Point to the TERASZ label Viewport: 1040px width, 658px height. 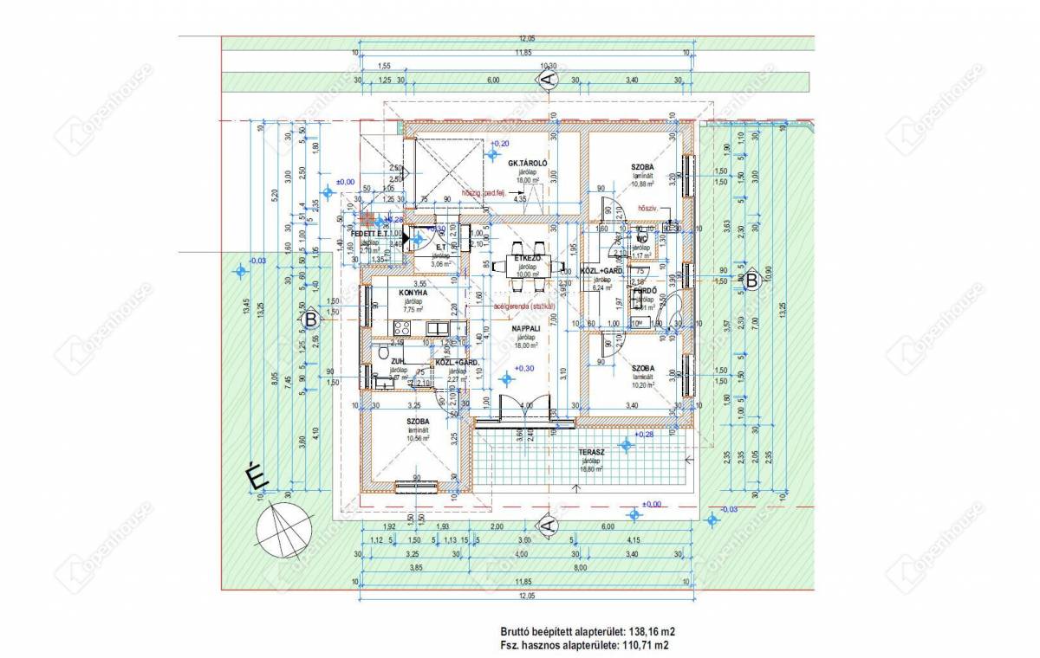(x=591, y=453)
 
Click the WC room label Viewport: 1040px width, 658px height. (x=642, y=238)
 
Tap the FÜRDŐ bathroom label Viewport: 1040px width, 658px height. (x=643, y=291)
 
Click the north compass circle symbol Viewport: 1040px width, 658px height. (x=284, y=528)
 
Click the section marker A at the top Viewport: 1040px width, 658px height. (x=547, y=79)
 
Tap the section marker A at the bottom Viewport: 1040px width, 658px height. (x=547, y=525)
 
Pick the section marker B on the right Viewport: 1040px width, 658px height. (x=751, y=280)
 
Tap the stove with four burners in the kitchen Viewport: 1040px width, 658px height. (x=402, y=327)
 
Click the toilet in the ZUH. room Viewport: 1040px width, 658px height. (x=384, y=352)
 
